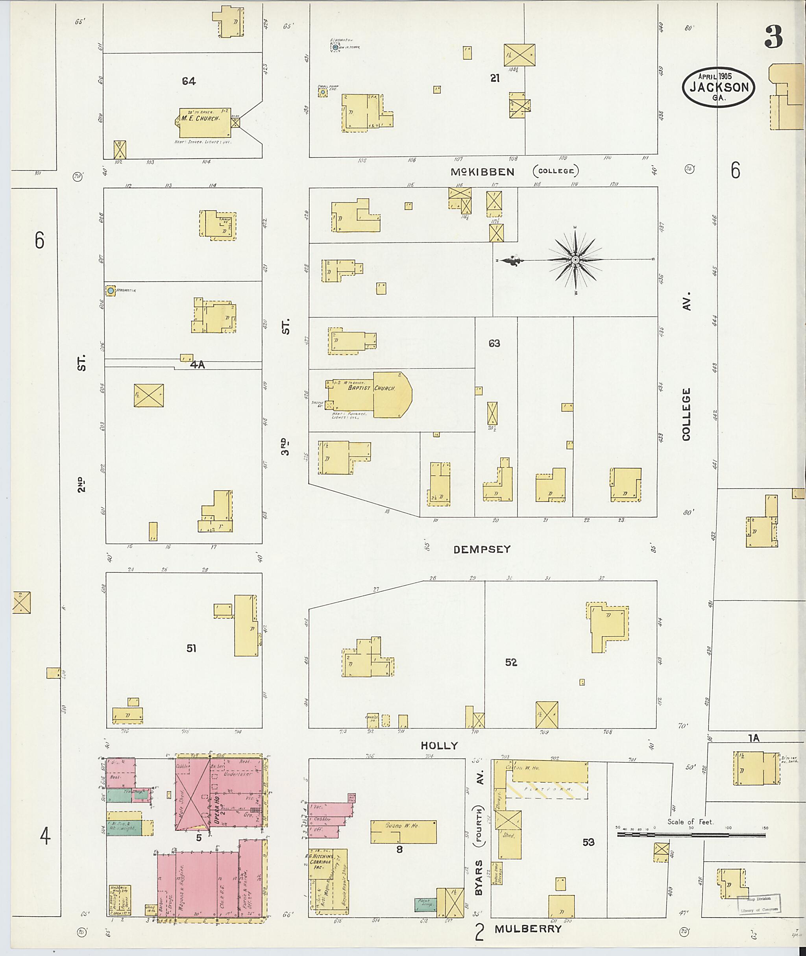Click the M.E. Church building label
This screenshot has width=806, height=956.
[x=199, y=118]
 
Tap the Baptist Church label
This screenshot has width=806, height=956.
[x=371, y=388]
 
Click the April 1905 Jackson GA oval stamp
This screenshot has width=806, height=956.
[x=719, y=87]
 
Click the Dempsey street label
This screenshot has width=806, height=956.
[x=482, y=549]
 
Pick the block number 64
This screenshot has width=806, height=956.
[x=189, y=81]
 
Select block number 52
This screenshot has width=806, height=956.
[x=511, y=662]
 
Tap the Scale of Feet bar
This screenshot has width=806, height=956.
[x=691, y=834]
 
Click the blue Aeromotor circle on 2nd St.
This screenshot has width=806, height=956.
[x=110, y=290]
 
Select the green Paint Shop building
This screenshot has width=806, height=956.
[x=425, y=904]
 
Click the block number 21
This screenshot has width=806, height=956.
[x=495, y=79]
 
